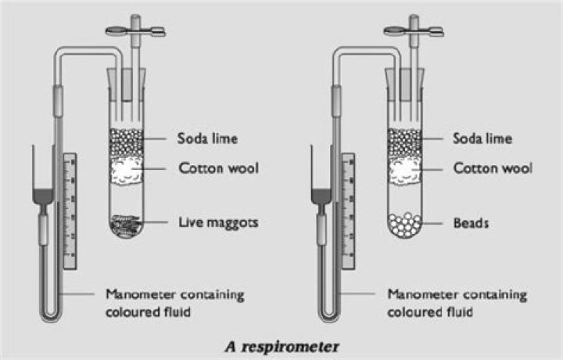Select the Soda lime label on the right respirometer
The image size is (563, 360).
pos(482,139)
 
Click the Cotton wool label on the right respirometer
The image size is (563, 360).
pos(493,167)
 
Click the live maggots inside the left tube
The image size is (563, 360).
pos(127,224)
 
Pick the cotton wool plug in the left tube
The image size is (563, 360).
pos(127,169)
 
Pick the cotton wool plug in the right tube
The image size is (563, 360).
pos(405,169)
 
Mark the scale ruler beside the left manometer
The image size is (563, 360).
pos(70,211)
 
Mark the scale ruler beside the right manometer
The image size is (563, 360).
pos(350,211)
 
